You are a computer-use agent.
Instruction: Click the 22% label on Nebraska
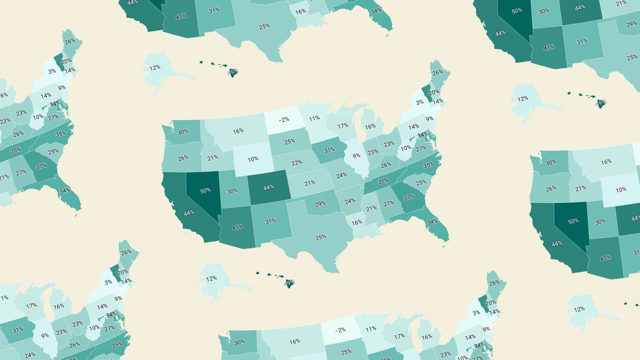[x=297, y=163]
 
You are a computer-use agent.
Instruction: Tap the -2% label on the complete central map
[x=284, y=119]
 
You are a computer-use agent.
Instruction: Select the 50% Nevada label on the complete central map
[x=205, y=190]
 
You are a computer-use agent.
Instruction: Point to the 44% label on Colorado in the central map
[x=269, y=187]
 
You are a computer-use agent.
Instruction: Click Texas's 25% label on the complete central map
[x=321, y=237]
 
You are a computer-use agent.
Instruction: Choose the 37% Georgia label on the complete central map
[x=409, y=197]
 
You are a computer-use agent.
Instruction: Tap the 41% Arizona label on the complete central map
[x=237, y=227]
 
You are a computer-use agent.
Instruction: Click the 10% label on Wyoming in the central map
[x=253, y=159]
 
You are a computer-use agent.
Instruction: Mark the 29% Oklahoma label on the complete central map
[x=320, y=204]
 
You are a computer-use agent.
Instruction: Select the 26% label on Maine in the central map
[x=438, y=72]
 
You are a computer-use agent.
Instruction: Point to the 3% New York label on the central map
[x=420, y=102]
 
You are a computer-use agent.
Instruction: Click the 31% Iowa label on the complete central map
[x=329, y=150]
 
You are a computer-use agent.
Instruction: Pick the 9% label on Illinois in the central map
[x=356, y=156]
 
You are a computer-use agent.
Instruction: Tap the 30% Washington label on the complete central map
[x=183, y=132]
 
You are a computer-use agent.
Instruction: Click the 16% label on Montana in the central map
[x=238, y=131]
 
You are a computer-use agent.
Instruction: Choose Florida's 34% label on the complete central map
[x=432, y=222]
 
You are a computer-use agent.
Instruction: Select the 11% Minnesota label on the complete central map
[x=314, y=118]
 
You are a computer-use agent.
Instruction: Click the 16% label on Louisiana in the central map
[x=357, y=222]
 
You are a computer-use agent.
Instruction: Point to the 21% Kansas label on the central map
[x=310, y=183]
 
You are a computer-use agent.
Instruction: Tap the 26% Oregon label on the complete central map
[x=183, y=158]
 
